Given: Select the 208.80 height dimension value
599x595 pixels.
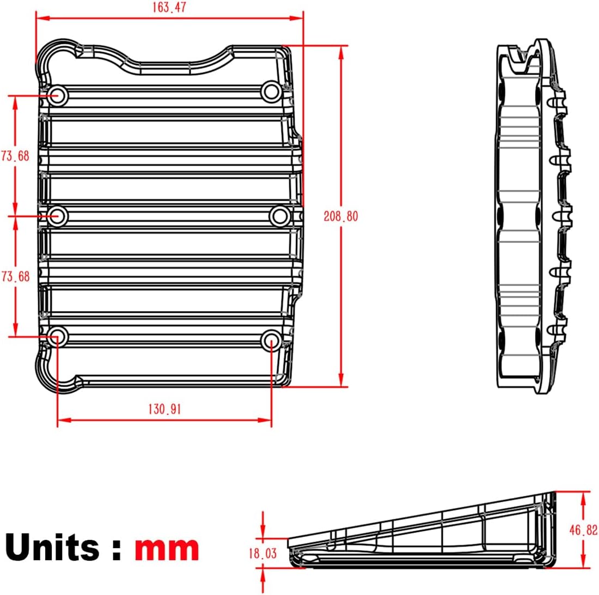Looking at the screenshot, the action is (341, 216).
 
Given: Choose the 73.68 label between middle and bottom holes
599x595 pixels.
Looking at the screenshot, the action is (15, 276).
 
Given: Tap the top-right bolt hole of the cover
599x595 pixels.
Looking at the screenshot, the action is (271, 92).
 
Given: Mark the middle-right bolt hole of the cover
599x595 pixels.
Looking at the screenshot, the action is (280, 216).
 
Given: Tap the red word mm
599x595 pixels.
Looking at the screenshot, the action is (167, 548).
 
